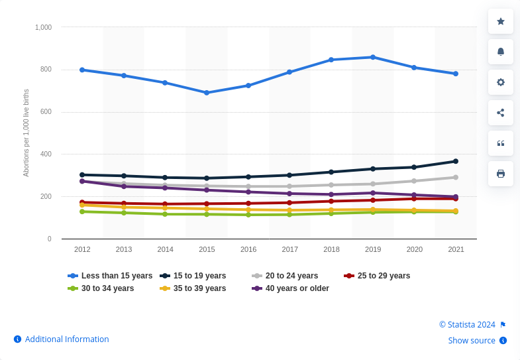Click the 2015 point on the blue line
207,93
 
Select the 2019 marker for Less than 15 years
373,57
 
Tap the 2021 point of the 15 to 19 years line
456,161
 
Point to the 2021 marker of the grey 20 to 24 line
456,177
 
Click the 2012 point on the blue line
82,70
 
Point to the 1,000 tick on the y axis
43,27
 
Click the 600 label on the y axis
46,112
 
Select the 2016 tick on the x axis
248,249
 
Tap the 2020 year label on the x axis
415,249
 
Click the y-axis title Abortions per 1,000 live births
26,133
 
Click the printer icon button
501,174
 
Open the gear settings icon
501,82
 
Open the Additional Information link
66,339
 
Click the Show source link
472,341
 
